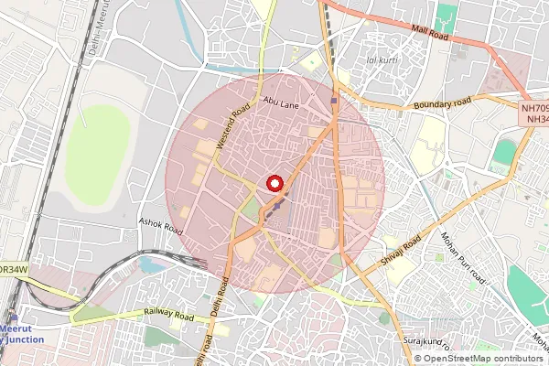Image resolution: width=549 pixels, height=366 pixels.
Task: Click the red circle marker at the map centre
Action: click(274, 183)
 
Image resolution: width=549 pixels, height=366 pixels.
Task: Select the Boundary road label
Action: click(442, 103)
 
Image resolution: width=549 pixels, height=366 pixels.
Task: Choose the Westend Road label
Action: click(231, 130)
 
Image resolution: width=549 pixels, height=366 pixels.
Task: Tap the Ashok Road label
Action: click(161, 226)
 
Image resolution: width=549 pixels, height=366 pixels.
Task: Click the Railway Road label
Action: click(169, 314)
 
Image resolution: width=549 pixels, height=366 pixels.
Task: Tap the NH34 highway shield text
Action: click(535, 120)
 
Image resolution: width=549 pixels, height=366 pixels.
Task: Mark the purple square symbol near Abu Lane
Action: click(334, 101)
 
